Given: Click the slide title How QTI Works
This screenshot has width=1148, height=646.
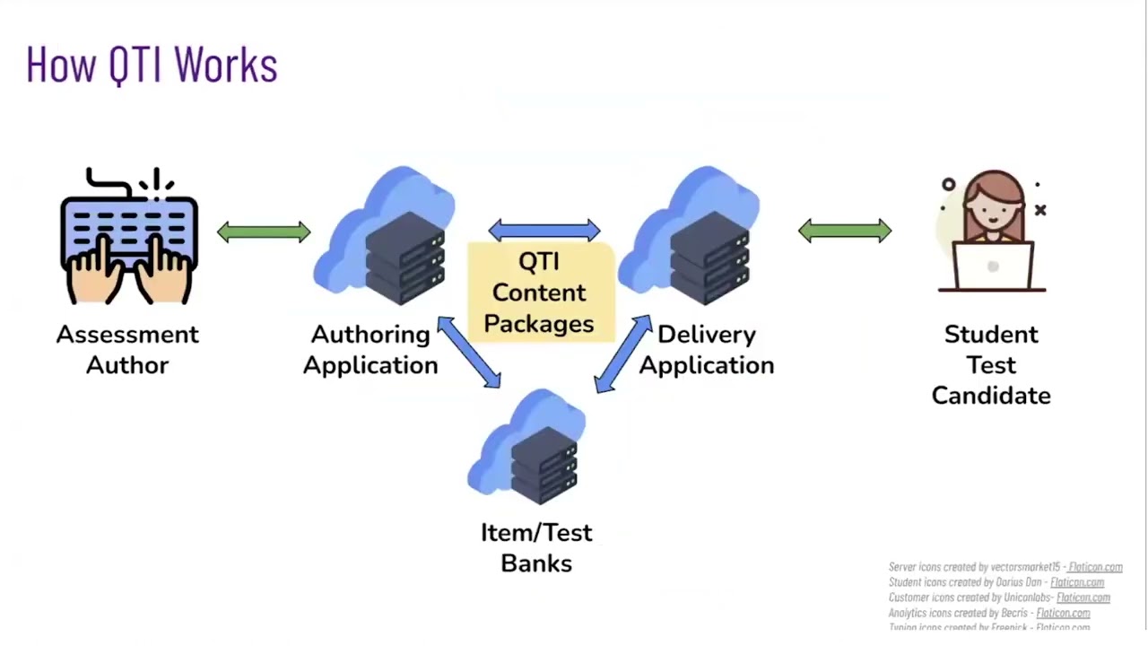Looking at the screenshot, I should click(152, 65).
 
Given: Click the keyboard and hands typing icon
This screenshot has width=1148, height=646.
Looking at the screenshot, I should click(129, 236).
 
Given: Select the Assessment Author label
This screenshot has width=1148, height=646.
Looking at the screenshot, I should click(127, 349).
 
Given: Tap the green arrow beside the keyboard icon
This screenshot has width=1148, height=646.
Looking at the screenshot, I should click(264, 232).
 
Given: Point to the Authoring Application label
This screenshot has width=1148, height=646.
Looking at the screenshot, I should click(370, 349).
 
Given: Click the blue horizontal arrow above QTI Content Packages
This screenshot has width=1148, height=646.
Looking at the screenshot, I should click(544, 231).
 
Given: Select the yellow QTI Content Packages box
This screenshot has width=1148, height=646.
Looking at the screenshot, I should click(540, 293).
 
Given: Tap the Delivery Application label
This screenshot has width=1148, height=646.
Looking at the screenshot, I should click(707, 349).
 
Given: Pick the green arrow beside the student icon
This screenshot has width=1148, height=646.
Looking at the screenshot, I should click(845, 231).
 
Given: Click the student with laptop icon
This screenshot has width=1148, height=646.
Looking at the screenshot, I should click(992, 233).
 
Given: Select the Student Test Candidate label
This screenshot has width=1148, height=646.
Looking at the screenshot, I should click(991, 364).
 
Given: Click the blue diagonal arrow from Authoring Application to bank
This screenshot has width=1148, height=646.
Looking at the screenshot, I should click(468, 353).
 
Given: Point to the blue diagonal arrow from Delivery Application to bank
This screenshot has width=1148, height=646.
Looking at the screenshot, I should click(623, 354).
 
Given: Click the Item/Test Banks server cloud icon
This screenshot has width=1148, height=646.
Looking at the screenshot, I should click(529, 445).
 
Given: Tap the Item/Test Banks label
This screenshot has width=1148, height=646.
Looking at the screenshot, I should click(536, 547).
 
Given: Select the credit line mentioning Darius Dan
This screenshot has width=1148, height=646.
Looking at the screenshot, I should click(996, 582).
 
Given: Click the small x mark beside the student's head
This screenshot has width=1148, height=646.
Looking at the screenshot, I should click(1040, 210).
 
